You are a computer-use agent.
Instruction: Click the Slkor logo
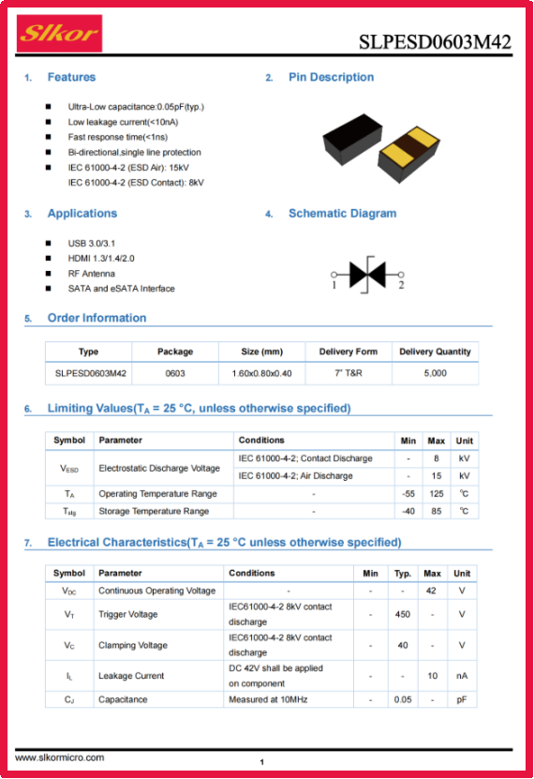tap(60, 34)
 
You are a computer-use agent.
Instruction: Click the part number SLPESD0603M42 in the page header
tap(435, 42)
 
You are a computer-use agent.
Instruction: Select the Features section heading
tap(71, 77)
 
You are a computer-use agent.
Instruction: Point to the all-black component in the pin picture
tap(352, 139)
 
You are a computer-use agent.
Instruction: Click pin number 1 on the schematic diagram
tap(334, 285)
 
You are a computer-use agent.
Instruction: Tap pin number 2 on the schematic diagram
tap(401, 285)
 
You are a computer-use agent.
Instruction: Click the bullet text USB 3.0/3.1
tap(91, 244)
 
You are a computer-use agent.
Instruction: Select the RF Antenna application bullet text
tap(91, 274)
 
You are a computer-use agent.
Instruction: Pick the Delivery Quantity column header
tap(435, 352)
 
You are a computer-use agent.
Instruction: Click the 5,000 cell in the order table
tap(436, 373)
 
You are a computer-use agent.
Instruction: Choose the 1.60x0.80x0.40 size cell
tap(261, 373)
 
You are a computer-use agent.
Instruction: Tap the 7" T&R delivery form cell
tap(349, 373)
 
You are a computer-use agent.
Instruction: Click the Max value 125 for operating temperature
tap(437, 494)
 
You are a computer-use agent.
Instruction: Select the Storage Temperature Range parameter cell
tap(154, 511)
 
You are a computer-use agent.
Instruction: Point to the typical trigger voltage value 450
tap(403, 615)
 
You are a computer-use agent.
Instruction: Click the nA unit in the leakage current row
tap(462, 676)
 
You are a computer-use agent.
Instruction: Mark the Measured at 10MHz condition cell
tap(268, 699)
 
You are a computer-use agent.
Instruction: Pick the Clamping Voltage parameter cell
tap(133, 645)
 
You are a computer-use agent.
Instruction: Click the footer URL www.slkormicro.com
tap(60, 757)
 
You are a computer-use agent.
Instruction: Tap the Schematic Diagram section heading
tap(343, 214)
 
